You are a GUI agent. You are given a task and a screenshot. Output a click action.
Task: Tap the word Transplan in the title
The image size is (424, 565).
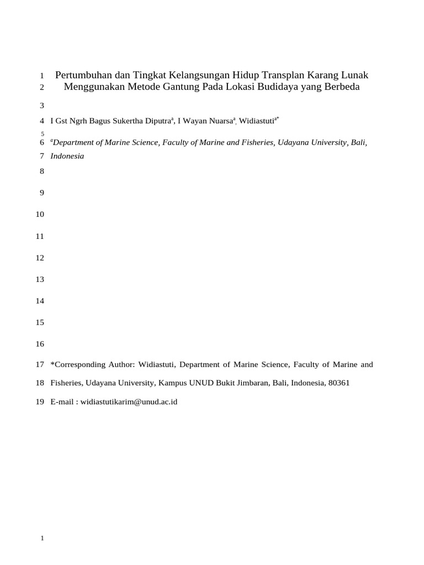coord(289,75)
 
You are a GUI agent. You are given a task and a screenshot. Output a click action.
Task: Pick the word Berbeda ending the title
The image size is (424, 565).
coord(342,87)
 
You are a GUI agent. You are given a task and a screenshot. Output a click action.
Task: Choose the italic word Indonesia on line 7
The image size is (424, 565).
coord(67,156)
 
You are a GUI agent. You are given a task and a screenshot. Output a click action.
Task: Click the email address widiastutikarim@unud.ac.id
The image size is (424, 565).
coord(129,402)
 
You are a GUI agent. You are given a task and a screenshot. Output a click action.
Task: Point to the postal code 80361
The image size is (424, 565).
coord(338,383)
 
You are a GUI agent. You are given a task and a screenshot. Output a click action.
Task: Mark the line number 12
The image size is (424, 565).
coord(39,258)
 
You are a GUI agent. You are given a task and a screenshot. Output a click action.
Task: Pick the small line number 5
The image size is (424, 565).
coord(42,134)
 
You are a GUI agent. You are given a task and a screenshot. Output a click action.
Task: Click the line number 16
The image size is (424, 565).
coord(39,344)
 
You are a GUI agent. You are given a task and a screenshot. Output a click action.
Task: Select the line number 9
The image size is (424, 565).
coord(41,193)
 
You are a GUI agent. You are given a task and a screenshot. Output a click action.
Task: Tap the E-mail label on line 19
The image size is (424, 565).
coord(62,402)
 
